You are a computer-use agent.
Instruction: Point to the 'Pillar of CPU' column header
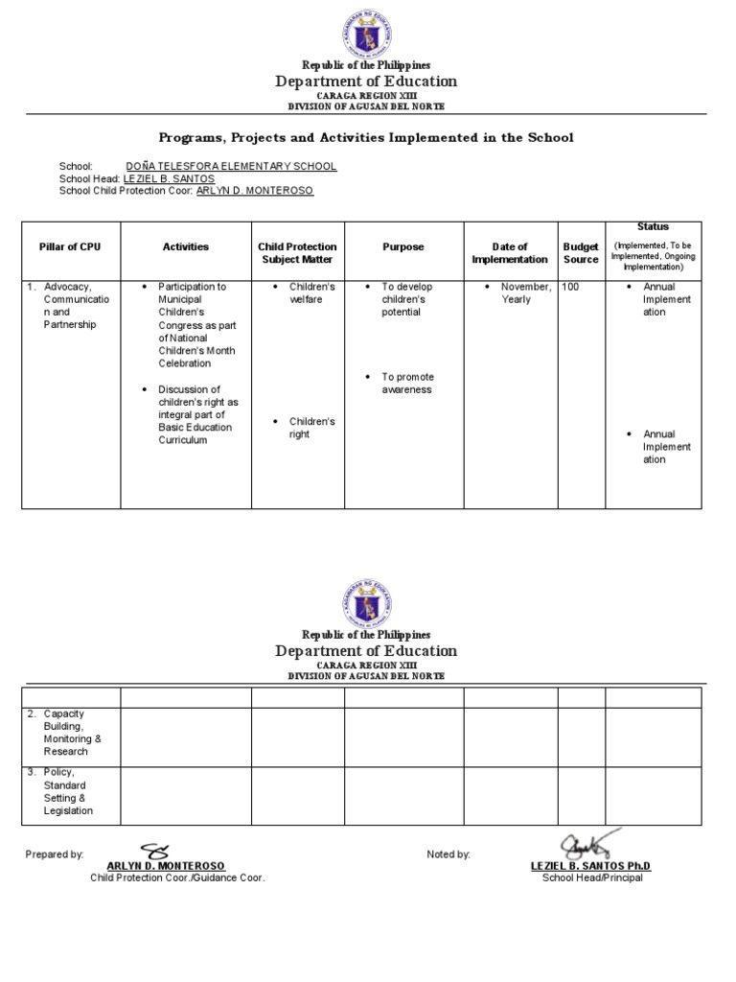click(x=70, y=247)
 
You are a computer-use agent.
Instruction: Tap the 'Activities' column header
click(x=185, y=247)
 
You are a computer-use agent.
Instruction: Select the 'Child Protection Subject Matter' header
click(x=297, y=253)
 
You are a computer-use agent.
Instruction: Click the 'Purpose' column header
click(x=403, y=247)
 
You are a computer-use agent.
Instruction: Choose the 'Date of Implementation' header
click(x=510, y=253)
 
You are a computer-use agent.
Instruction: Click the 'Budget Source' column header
click(x=581, y=253)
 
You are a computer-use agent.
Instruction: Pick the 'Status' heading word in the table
click(x=654, y=226)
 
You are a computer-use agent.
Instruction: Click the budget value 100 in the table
click(x=570, y=287)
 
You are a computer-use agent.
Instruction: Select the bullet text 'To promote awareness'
click(x=406, y=384)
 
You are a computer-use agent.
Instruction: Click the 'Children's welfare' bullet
click(x=311, y=293)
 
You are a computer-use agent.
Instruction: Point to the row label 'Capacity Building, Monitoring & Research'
click(x=71, y=733)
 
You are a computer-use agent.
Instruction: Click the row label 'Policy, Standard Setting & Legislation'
click(x=68, y=791)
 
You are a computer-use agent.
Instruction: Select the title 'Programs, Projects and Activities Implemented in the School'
click(x=365, y=137)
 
